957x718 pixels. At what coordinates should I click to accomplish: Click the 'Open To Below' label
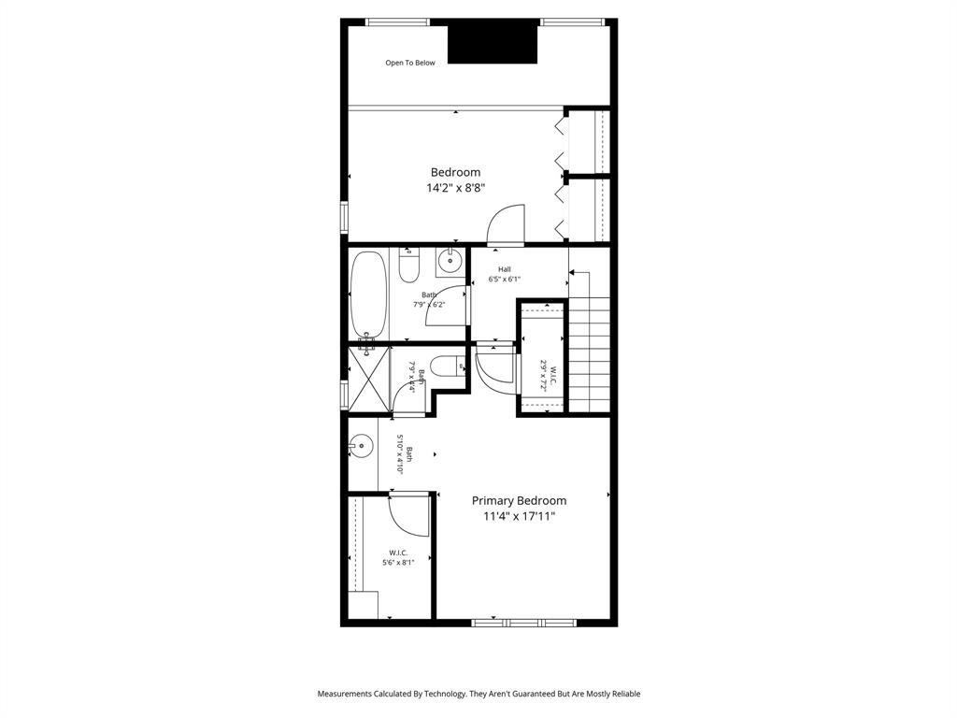(410, 64)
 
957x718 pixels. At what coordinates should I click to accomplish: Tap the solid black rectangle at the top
(493, 42)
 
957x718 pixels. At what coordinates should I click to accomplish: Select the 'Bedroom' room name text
(455, 172)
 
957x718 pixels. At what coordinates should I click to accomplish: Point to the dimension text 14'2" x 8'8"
(455, 188)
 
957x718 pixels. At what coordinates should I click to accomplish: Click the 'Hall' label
(504, 269)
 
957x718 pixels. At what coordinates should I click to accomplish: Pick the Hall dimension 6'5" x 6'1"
(504, 279)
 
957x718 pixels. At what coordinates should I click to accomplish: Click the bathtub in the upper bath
(367, 294)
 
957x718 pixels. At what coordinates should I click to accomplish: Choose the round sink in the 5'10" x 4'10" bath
(360, 447)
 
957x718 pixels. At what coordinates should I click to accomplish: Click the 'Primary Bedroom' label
(519, 501)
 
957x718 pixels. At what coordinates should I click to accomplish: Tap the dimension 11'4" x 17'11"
(519, 516)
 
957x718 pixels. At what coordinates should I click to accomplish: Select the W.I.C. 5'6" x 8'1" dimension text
(398, 563)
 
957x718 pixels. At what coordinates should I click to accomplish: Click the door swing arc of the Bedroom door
(506, 224)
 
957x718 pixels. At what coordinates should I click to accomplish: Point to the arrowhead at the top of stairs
(572, 273)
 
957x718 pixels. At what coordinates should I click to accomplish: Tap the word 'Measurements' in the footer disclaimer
(345, 694)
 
